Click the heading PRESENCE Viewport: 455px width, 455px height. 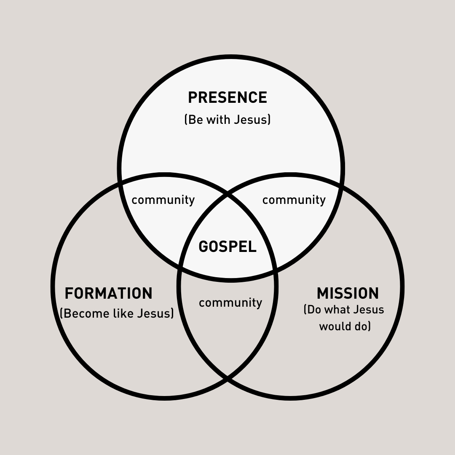pyautogui.click(x=227, y=98)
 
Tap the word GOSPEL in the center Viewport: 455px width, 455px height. pyautogui.click(x=227, y=246)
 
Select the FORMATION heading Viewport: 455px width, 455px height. pyautogui.click(x=109, y=293)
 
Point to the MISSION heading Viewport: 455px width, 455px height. pyautogui.click(x=348, y=293)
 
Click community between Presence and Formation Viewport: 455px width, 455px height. pyautogui.click(x=163, y=200)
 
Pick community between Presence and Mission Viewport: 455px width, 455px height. pyautogui.click(x=294, y=200)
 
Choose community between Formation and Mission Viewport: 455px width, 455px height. pyautogui.click(x=230, y=302)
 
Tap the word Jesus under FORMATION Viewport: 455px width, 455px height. pyautogui.click(x=153, y=314)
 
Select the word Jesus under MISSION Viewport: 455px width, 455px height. pyautogui.click(x=368, y=310)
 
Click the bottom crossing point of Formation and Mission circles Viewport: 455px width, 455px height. pyautogui.click(x=227, y=377)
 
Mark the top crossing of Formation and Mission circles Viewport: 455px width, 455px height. pyautogui.click(x=227, y=195)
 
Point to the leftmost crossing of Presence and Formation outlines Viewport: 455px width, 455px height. pyautogui.click(x=121, y=182)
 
